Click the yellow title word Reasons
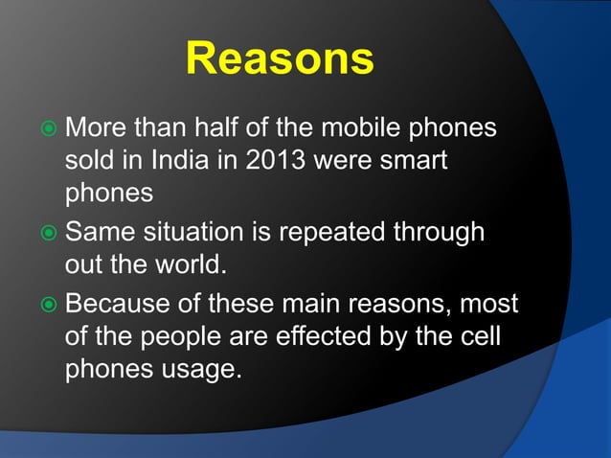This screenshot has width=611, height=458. coord(279,58)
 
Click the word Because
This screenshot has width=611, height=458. coord(124,305)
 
